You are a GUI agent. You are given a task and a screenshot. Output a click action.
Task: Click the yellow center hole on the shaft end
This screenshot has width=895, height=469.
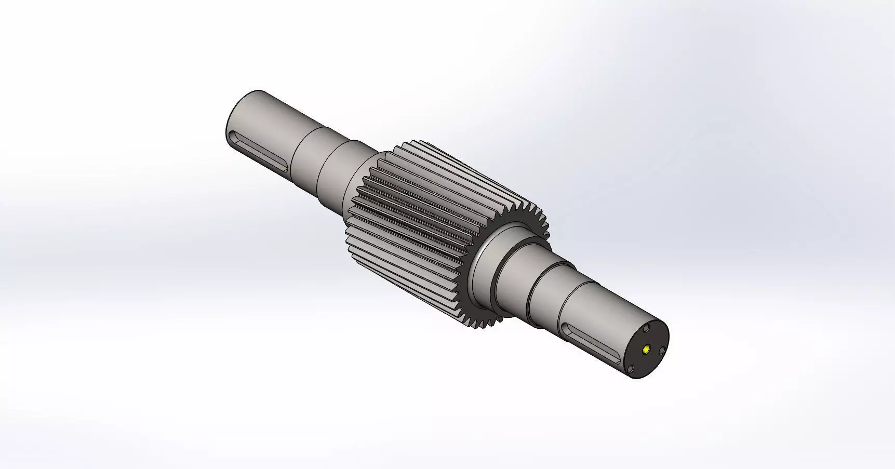[646, 349]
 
